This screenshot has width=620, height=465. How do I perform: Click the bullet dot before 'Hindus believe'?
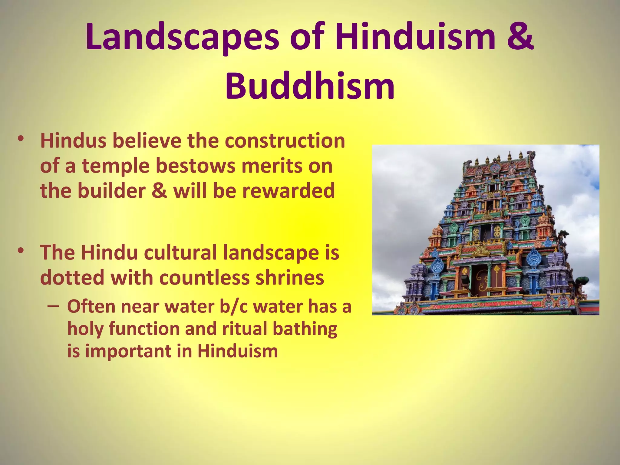[21, 139]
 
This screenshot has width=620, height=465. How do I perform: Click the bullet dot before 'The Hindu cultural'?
[21, 251]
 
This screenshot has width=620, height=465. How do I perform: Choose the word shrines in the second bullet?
[290, 278]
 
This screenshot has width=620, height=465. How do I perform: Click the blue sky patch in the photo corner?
[595, 182]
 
